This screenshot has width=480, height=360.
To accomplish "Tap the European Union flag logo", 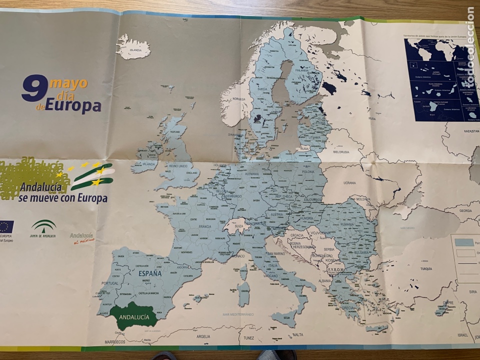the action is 6,226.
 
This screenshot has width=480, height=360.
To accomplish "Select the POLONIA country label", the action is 307,171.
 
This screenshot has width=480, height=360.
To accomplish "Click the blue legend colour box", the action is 464,242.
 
